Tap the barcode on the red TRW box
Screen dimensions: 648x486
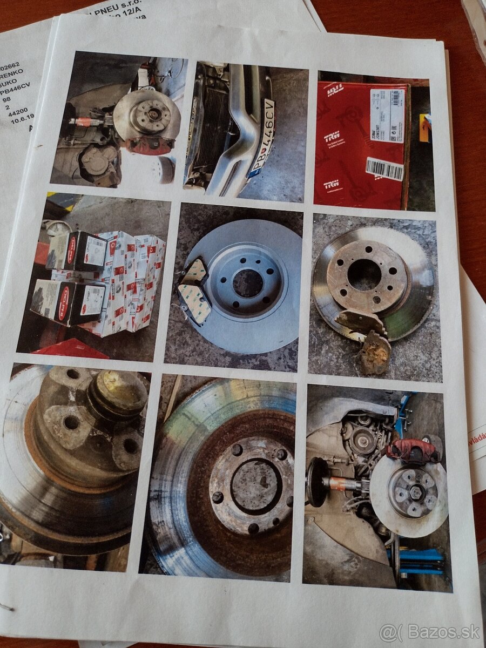tap(384, 168)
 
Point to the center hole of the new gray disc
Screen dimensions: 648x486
tap(248, 282)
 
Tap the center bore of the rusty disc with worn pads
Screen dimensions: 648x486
tap(364, 275)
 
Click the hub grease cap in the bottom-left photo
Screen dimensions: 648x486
tap(119, 394)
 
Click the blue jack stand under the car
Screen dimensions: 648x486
tap(418, 556)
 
